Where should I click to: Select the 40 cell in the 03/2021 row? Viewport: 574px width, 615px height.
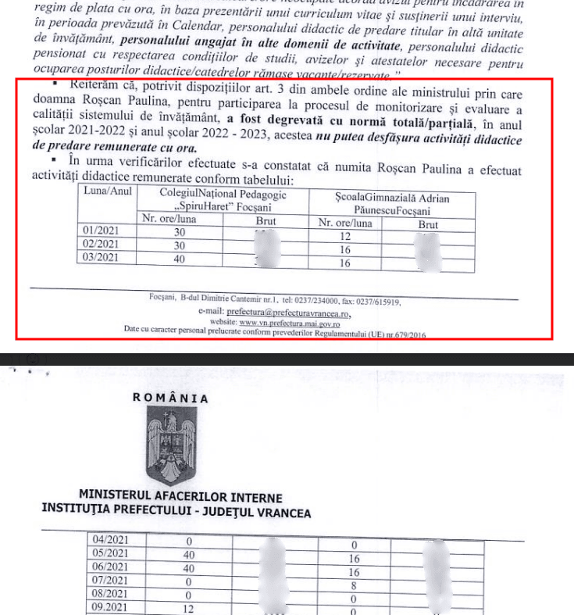pos(180,259)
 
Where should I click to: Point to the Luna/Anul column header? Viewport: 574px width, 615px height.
pos(108,191)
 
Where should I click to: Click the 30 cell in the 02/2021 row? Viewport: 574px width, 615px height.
pos(180,245)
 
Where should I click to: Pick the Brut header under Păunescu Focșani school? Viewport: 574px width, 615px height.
pos(428,225)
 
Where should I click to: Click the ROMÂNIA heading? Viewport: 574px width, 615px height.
pos(171,397)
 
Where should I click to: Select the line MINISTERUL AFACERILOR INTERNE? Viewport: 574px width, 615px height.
pos(180,497)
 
